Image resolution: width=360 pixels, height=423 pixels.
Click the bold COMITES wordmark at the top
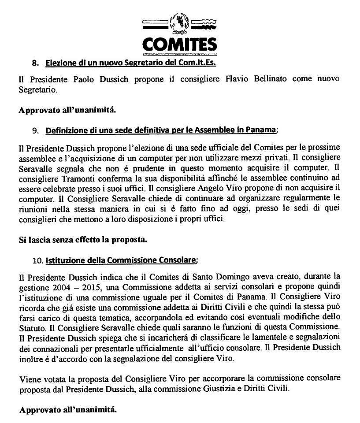click(x=179, y=44)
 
